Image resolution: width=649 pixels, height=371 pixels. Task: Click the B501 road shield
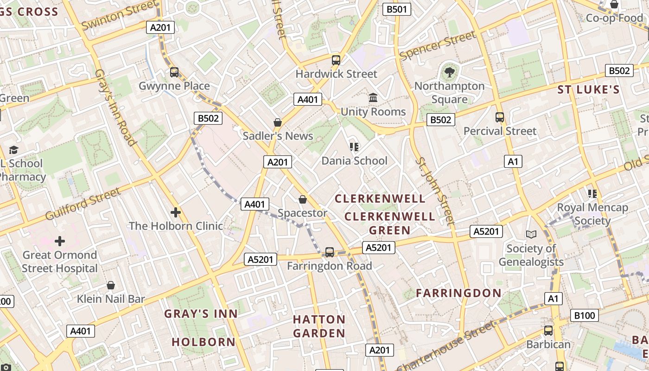tap(396, 9)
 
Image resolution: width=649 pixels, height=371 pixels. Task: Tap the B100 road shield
tap(584, 315)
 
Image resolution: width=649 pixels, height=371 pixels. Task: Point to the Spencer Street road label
tap(438, 45)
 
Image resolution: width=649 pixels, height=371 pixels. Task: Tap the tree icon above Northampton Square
tap(449, 72)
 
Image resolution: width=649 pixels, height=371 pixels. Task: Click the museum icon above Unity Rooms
tap(373, 98)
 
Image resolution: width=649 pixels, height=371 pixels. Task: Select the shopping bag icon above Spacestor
tap(303, 199)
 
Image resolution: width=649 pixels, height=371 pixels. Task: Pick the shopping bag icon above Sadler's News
tap(277, 122)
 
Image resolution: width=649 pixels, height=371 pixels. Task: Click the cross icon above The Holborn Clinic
tap(176, 212)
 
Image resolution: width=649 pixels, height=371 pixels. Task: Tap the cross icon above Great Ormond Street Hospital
tap(60, 241)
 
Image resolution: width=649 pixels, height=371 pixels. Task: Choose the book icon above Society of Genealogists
tap(531, 235)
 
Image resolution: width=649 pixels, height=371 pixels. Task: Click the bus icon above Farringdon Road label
tap(330, 252)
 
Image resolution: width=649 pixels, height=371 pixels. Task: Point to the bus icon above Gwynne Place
tap(174, 72)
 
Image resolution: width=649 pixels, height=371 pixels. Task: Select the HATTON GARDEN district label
tap(319, 326)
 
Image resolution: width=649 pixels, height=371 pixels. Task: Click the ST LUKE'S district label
tap(588, 90)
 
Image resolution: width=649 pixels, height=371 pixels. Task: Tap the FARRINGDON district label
tap(458, 293)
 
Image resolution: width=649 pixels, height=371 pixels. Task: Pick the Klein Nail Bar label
tap(111, 299)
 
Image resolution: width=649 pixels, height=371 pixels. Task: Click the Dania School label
tap(355, 161)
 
